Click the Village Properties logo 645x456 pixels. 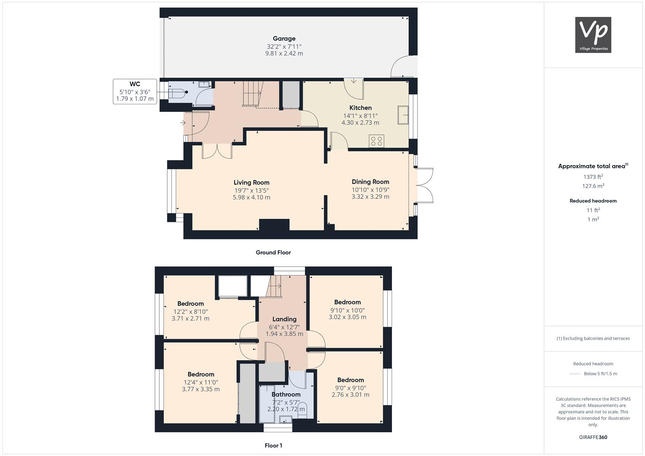[593, 35]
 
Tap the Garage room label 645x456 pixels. [284, 38]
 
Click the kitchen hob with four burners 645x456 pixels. [376, 141]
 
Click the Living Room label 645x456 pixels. [251, 182]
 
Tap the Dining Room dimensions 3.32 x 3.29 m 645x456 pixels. [370, 197]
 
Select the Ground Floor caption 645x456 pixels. [273, 252]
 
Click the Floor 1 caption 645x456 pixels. [273, 445]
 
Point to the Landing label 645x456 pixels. [284, 319]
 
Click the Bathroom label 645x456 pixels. [286, 394]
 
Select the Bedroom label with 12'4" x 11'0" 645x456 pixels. [201, 374]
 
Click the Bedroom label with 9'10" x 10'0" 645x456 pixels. [347, 302]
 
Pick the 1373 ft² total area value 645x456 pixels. [593, 177]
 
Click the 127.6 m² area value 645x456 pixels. [593, 186]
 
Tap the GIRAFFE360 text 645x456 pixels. [593, 437]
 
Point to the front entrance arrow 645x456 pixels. [183, 123]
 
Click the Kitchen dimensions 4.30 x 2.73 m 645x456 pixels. [360, 123]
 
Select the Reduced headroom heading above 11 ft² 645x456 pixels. [593, 201]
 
